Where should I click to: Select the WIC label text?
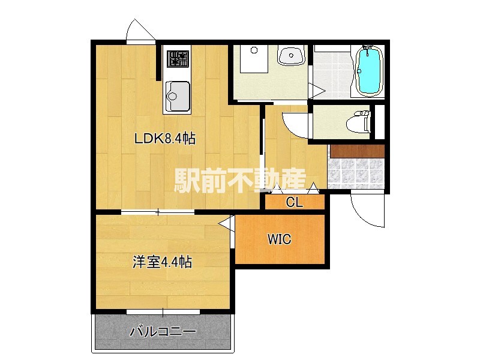[279, 239]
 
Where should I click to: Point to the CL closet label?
[294, 202]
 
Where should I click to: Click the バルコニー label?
[162, 331]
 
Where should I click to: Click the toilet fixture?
[361, 122]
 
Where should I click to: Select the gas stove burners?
[176, 58]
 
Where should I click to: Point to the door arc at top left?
[140, 30]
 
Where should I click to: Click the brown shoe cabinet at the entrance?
[356, 151]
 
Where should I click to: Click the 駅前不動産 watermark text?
[240, 179]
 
